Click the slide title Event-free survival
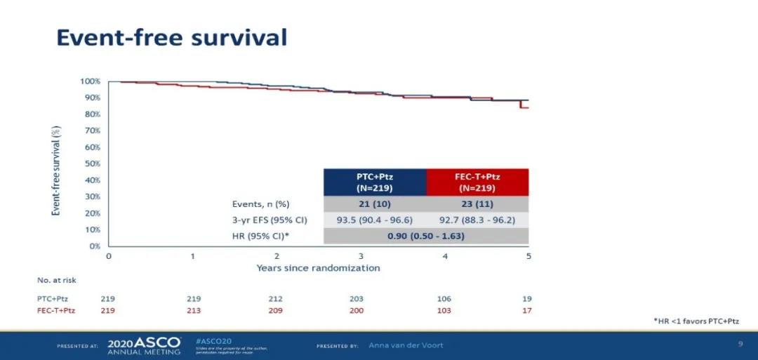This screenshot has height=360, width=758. click(171, 37)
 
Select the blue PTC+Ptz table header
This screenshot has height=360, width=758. click(374, 182)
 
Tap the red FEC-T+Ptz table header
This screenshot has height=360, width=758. click(477, 182)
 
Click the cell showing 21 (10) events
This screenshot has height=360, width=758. click(374, 204)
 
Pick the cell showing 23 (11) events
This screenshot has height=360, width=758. click(477, 204)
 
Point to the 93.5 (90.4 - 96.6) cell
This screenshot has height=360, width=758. click(374, 220)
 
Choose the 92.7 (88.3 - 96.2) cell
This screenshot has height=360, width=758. click(477, 220)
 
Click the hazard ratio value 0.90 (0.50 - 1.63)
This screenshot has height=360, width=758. click(425, 236)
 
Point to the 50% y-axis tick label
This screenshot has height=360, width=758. click(92, 164)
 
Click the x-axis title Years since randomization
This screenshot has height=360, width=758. click(318, 268)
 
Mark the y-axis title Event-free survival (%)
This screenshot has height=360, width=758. click(56, 170)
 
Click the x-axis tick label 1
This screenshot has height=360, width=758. click(192, 256)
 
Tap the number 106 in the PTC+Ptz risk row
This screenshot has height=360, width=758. click(443, 298)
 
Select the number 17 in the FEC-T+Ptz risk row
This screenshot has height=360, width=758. click(526, 309)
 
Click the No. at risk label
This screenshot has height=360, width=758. click(57, 280)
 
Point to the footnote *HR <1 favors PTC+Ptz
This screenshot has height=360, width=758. click(696, 321)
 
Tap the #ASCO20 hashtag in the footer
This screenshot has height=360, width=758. click(210, 340)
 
